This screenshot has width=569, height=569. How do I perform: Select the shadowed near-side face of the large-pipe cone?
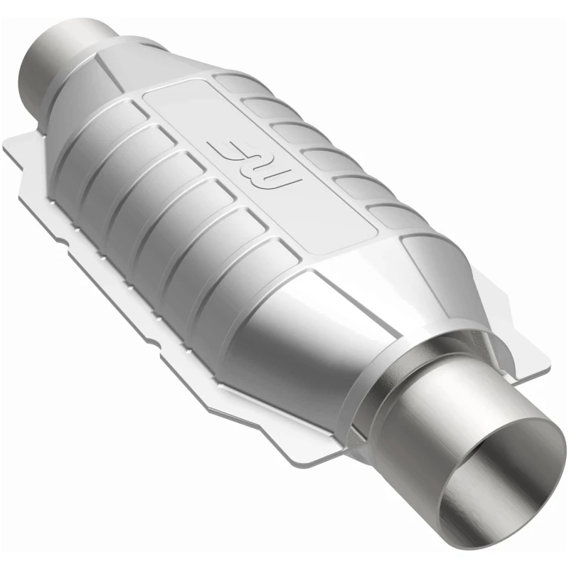click(x=299, y=356)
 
